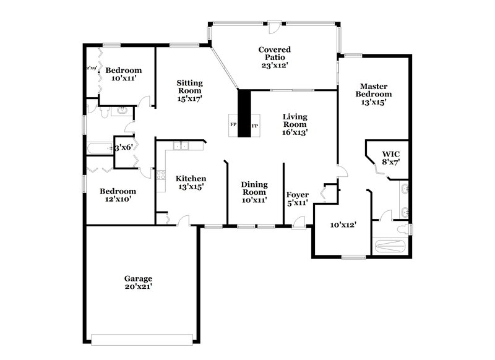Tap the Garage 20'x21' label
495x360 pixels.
point(138,283)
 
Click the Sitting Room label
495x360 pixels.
point(189,90)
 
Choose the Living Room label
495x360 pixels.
point(295,124)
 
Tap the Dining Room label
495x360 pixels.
point(254,192)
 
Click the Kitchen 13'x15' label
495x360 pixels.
point(191,182)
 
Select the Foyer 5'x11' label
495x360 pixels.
point(298,199)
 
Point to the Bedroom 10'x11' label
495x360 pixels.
point(124,74)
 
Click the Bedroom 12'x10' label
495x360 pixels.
point(118,195)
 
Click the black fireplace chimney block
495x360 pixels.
point(244,113)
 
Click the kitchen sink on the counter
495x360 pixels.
point(181,147)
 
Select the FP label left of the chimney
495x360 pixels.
point(233,125)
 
